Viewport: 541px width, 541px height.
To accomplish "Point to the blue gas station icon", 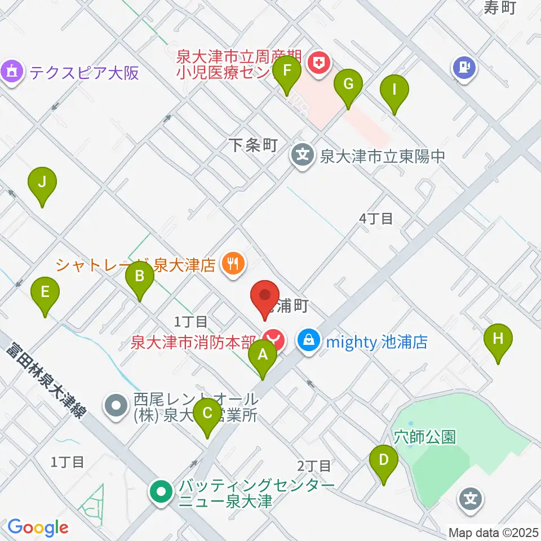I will click(x=464, y=68).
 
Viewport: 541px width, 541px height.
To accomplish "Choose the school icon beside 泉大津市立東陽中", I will click(x=303, y=154).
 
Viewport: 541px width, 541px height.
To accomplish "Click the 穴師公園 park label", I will click(x=424, y=437).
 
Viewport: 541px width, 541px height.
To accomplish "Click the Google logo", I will click(x=38, y=527).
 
